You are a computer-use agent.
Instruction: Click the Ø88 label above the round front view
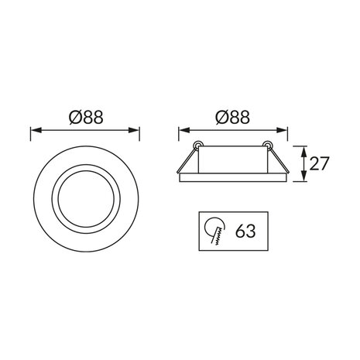tap(86, 118)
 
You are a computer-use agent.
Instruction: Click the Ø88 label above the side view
tap(231, 118)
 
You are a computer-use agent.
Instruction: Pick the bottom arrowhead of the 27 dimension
tap(303, 180)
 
